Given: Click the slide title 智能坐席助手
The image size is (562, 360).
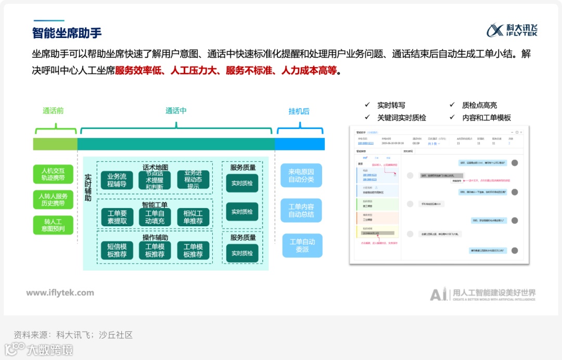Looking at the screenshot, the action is pyautogui.click(x=67, y=32).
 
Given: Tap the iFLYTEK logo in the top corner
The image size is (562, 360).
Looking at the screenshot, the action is pyautogui.click(x=512, y=30).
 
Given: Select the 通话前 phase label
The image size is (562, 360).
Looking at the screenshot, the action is pyautogui.click(x=53, y=111).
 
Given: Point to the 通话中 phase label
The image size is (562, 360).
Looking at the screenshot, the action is pyautogui.click(x=176, y=111).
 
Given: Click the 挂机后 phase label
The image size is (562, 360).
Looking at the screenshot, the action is pyautogui.click(x=299, y=111).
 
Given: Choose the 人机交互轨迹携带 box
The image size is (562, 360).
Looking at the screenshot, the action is pyautogui.click(x=53, y=174).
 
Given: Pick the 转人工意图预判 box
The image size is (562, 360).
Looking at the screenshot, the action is pyautogui.click(x=53, y=225).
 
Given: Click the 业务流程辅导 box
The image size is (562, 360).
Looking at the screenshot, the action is pyautogui.click(x=117, y=180).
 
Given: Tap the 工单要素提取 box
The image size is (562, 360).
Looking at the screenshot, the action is pyautogui.click(x=117, y=217).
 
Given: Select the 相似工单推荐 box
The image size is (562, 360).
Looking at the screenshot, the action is pyautogui.click(x=193, y=217).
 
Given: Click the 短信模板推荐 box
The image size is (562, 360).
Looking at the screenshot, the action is pyautogui.click(x=117, y=251).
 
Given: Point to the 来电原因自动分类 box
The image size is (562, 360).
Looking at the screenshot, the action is pyautogui.click(x=301, y=175).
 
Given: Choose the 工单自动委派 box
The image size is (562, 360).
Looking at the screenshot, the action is pyautogui.click(x=302, y=246).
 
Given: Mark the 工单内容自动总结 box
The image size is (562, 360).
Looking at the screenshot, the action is pyautogui.click(x=301, y=211).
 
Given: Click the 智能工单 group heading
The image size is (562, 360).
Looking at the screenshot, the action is pyautogui.click(x=155, y=205).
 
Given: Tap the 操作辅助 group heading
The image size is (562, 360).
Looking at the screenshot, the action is pyautogui.click(x=155, y=237).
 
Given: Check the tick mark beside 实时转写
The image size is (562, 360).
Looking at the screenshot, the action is pyautogui.click(x=367, y=105).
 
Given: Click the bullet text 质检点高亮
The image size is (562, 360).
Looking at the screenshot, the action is pyautogui.click(x=479, y=105).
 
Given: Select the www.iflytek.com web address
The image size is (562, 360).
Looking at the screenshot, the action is pyautogui.click(x=60, y=293).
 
